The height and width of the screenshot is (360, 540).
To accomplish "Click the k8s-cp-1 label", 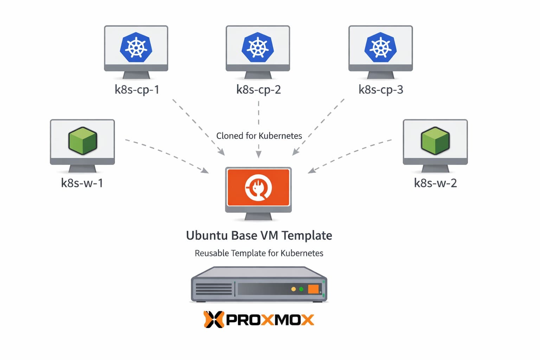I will (x=137, y=90).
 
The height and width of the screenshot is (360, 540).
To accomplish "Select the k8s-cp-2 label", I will (x=258, y=90).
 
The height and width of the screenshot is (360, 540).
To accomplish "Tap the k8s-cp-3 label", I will (x=381, y=90).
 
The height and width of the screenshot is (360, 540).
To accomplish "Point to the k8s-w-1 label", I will (x=82, y=183).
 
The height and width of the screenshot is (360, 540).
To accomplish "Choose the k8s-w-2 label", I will (x=435, y=183).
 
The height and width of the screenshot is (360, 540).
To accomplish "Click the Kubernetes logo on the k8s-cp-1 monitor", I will (x=136, y=47).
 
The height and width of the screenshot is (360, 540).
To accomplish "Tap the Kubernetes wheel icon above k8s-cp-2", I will (x=258, y=47).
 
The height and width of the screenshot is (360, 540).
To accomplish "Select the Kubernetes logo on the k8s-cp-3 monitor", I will (x=380, y=47).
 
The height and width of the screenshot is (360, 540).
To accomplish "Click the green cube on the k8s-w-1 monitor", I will (x=83, y=141).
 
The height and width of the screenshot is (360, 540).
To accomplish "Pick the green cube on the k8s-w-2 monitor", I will (x=435, y=141).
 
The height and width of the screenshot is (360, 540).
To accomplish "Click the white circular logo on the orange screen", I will (x=258, y=187).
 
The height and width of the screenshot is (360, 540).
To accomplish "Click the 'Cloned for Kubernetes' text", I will (x=259, y=136).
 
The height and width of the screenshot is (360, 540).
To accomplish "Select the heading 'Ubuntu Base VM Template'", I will (x=259, y=236).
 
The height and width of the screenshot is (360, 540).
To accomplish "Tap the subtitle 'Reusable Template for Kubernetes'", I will (x=259, y=253).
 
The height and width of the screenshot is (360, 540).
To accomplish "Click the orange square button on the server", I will (x=313, y=289).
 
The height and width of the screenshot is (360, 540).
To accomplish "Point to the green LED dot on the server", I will (x=301, y=289).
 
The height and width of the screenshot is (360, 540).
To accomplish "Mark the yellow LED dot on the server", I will (x=294, y=289).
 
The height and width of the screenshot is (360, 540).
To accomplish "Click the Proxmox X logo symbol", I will (x=213, y=320).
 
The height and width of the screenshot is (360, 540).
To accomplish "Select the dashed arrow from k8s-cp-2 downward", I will (x=259, y=120).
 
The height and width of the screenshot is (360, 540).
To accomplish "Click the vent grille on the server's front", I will (x=213, y=289).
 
